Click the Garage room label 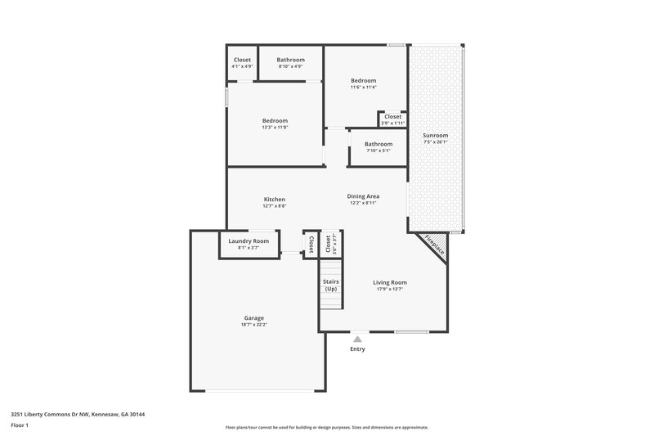coord(253,318)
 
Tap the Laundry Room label coord(249,241)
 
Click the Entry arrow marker coord(357,337)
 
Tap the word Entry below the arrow coord(357,349)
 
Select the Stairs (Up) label coord(331,285)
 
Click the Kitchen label coord(274,200)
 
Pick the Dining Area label coord(361,196)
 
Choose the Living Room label coord(390,282)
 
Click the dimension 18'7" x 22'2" coord(253,325)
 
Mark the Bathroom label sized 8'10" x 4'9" coord(290,60)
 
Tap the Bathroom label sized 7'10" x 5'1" coord(378,144)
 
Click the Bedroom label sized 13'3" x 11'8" coord(275,121)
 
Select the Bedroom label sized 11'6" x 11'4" coord(364,80)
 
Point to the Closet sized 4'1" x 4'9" coord(242,60)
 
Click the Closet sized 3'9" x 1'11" coord(392,117)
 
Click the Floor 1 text coord(20,426)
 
